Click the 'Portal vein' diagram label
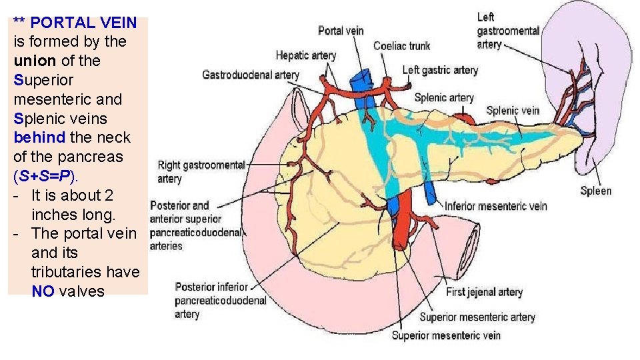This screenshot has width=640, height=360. [x=340, y=31]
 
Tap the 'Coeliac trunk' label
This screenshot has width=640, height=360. [x=401, y=46]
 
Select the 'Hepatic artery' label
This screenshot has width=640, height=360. [x=305, y=55]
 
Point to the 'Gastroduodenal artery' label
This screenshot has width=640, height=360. [x=250, y=75]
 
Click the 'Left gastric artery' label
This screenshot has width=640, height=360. [x=440, y=70]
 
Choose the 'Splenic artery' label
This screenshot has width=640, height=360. [x=443, y=97]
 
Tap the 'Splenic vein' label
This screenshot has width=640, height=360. [x=513, y=111]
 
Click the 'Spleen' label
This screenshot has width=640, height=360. [x=595, y=191]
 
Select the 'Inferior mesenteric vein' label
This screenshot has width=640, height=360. [x=495, y=206]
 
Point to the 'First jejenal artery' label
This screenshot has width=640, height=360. [x=484, y=292]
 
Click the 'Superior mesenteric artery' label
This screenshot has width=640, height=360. [x=477, y=317]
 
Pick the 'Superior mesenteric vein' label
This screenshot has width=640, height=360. [x=446, y=335]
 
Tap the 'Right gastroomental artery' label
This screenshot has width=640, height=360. [x=201, y=171]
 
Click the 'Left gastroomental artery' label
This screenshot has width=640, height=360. [x=508, y=31]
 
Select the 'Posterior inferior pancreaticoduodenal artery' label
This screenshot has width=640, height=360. [x=220, y=300]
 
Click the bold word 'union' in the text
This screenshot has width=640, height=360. [x=35, y=61]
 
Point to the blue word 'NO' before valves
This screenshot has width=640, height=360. [x=43, y=292]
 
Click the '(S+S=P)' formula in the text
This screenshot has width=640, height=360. [x=45, y=177]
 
